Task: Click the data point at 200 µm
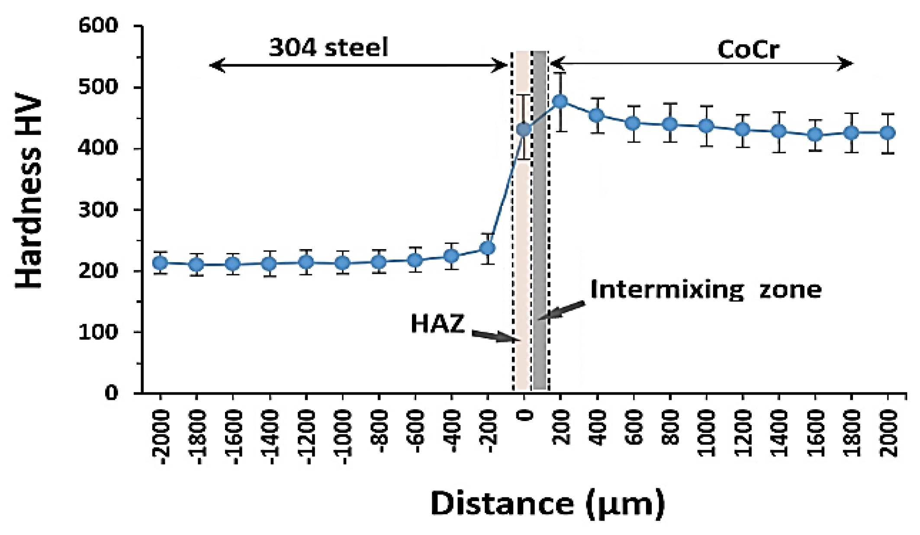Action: click(560, 101)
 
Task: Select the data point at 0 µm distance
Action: click(524, 129)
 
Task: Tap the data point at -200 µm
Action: click(488, 248)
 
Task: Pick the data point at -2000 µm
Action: click(161, 263)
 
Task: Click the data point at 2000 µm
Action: click(888, 133)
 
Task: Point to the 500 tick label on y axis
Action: click(98, 88)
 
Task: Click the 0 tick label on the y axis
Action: click(111, 393)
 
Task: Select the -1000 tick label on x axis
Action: click(343, 438)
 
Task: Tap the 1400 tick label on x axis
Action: click(779, 433)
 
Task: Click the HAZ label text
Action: click(437, 324)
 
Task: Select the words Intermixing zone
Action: click(705, 289)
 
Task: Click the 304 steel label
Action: click(328, 47)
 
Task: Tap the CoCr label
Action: click(748, 49)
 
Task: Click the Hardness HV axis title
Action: click(29, 191)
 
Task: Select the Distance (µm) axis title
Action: click(547, 503)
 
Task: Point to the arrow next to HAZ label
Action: click(495, 336)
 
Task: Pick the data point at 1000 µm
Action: click(706, 126)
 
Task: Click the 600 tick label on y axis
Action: click(98, 26)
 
